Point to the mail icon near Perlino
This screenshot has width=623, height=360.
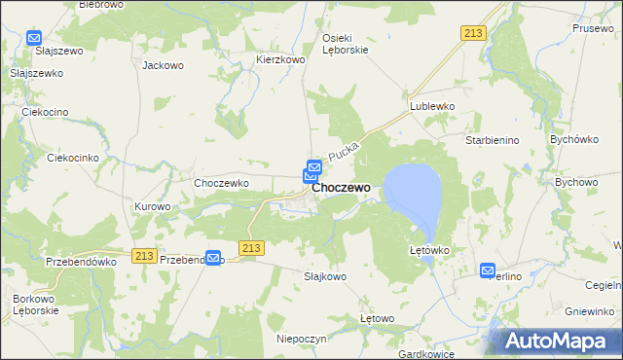(488, 270)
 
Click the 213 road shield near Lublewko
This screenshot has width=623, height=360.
(473, 33)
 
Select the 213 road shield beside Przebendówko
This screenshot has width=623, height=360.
(144, 255)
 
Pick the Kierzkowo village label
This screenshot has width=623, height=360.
(281, 59)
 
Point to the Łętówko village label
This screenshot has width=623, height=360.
(428, 250)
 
